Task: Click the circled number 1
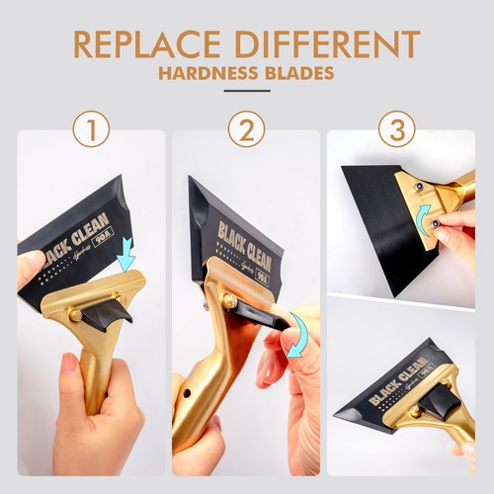[x=90, y=129]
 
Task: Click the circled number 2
[x=246, y=129]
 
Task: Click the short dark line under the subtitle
[x=247, y=92]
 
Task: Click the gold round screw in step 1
[x=74, y=314]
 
